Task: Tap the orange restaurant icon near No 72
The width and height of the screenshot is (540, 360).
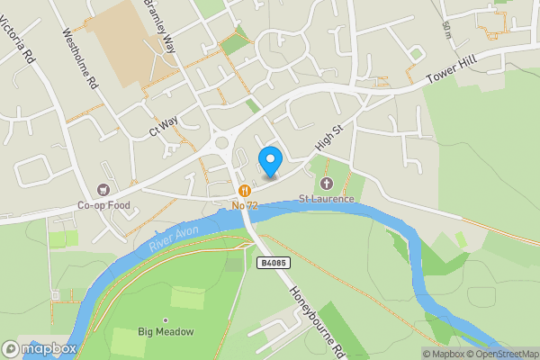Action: (244, 191)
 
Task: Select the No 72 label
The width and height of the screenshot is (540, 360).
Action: (244, 205)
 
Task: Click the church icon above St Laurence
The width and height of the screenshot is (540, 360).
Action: (327, 184)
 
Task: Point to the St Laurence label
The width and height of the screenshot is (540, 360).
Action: (327, 198)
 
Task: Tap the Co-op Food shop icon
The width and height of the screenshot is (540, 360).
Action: (103, 190)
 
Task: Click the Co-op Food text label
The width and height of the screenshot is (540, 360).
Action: (103, 204)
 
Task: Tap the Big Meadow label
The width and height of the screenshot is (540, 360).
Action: (166, 332)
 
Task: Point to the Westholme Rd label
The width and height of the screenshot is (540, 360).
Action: (78, 59)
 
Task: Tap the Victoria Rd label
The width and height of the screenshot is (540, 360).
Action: (20, 40)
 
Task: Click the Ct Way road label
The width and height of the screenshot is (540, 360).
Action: (165, 127)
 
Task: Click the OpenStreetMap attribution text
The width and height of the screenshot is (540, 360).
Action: (501, 354)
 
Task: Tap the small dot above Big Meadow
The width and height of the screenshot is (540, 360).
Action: (166, 319)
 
